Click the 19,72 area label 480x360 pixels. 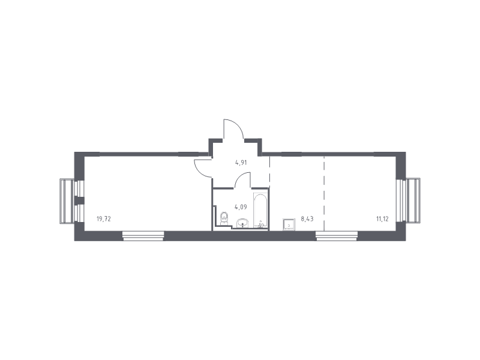[x=103, y=219]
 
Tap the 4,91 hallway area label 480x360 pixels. [x=241, y=163]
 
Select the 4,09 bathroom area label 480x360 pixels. [x=241, y=207]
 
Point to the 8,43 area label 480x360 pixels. [x=307, y=219]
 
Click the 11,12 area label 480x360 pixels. [x=382, y=219]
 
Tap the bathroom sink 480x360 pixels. [x=243, y=223]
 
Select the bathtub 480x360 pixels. [x=260, y=211]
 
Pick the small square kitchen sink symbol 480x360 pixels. [x=289, y=224]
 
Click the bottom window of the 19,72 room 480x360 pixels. [x=143, y=236]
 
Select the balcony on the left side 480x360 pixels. [x=67, y=202]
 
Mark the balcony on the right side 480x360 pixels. [x=413, y=201]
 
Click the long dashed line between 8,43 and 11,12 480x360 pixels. [x=324, y=193]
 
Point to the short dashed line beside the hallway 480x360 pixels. [x=269, y=172]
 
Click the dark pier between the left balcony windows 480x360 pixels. [x=79, y=200]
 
